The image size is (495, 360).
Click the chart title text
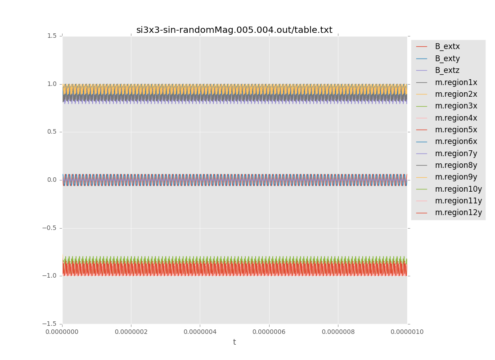(234, 30)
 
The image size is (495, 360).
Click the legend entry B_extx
(447, 46)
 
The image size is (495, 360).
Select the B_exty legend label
(447, 58)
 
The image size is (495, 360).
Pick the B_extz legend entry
(447, 70)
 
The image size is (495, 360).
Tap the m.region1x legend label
(456, 82)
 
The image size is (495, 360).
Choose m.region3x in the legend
(456, 106)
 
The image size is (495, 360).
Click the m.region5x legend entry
(456, 130)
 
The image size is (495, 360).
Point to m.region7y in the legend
(456, 153)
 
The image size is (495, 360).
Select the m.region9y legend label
(456, 177)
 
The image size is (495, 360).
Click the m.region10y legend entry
(458, 189)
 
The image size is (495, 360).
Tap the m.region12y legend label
(458, 212)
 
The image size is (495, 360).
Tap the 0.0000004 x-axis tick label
(200, 332)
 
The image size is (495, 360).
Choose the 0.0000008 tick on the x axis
(338, 332)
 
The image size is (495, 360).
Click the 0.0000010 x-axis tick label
(407, 332)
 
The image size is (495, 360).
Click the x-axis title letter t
(234, 342)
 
